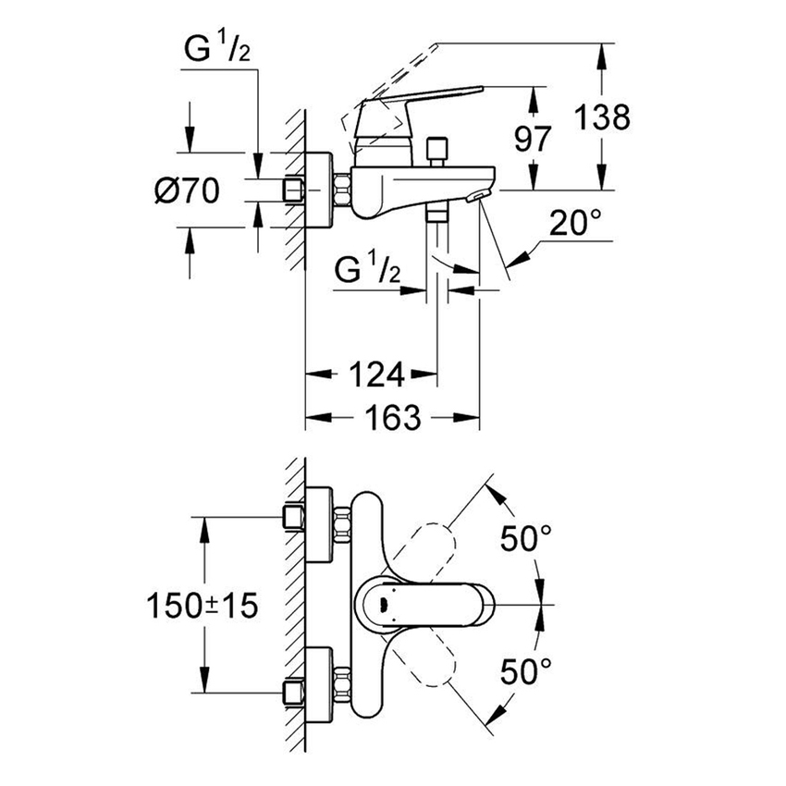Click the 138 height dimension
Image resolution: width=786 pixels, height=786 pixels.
(601, 117)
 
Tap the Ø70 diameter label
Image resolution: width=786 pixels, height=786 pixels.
(186, 191)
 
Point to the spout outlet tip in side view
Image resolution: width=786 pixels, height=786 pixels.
(477, 195)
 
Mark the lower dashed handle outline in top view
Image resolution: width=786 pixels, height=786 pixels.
(426, 661)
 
